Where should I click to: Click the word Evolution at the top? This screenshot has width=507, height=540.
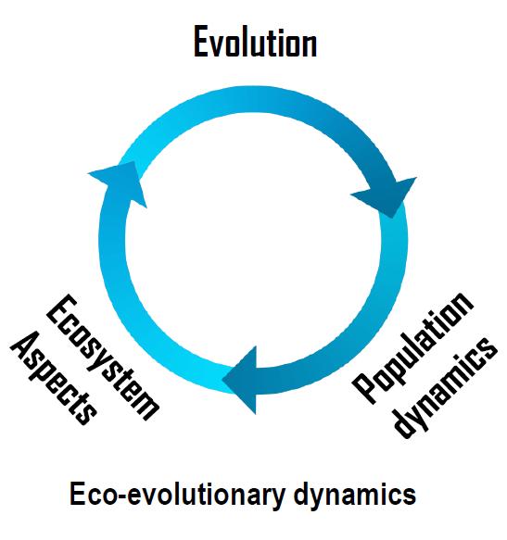tap(256, 42)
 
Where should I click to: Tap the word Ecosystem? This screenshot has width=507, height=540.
tap(103, 358)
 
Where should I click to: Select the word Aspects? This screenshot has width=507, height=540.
tap(54, 378)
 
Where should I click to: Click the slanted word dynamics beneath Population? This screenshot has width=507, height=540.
tap(446, 388)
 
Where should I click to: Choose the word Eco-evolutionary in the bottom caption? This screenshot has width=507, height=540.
tap(177, 495)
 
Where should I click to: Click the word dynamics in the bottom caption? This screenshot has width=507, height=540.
tap(355, 495)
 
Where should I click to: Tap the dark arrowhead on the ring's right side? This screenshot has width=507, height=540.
tap(387, 196)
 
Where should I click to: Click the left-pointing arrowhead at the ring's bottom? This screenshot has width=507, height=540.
tap(241, 380)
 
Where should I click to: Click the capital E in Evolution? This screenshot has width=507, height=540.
tap(200, 43)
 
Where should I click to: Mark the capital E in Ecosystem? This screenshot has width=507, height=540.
tap(62, 309)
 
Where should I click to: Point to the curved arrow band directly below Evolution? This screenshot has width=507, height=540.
tap(253, 99)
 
